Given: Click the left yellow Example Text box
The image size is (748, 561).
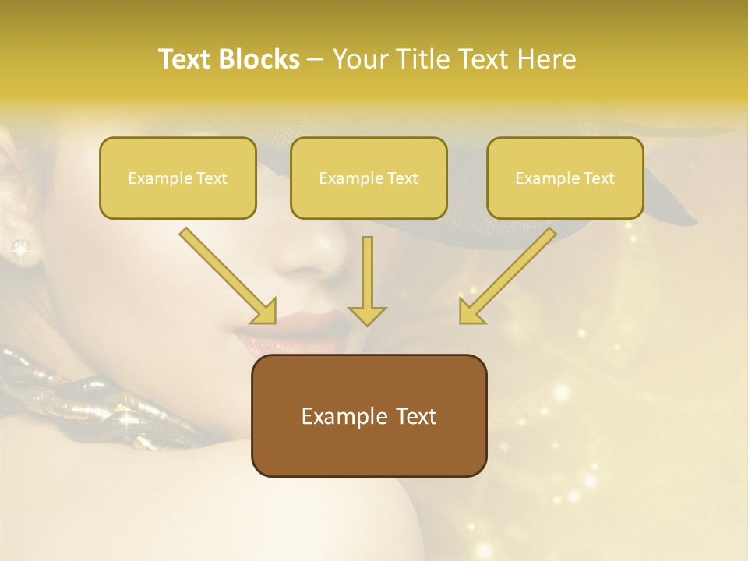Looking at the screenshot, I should click(x=178, y=178).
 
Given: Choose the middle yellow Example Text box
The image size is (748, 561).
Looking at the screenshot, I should click(x=369, y=178).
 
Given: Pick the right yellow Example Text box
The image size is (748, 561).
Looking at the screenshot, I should click(x=565, y=178).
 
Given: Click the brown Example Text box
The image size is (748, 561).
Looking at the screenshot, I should click(x=369, y=415).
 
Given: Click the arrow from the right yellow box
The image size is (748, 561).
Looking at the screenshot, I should click(x=506, y=277).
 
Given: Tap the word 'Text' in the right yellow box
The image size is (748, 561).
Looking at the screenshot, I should click(x=598, y=178).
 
